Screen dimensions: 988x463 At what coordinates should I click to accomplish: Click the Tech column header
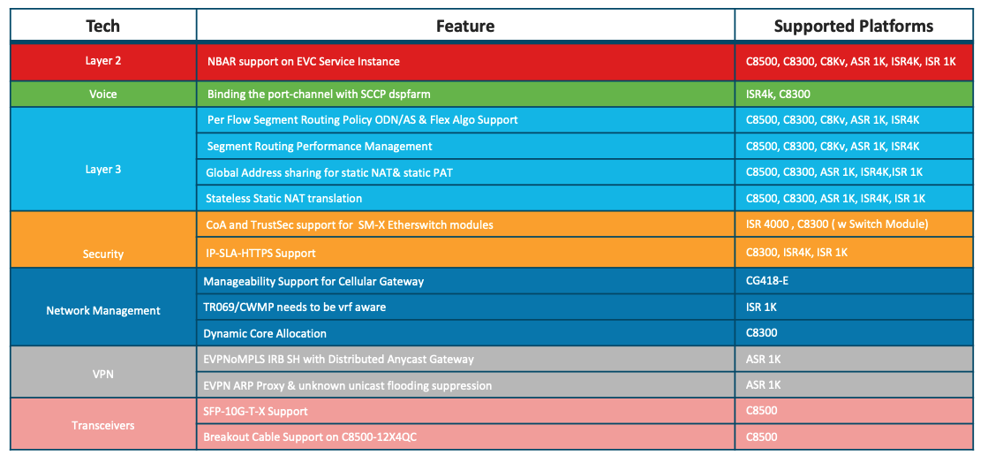[102, 26]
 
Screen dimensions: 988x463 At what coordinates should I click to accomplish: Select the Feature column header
[465, 26]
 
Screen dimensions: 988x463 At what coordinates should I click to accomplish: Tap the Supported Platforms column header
[854, 26]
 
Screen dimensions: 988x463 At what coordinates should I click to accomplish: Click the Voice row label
[102, 94]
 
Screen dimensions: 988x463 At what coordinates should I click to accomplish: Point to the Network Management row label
[103, 310]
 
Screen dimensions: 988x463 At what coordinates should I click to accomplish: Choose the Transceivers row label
[103, 425]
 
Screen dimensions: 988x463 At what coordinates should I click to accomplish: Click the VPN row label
[103, 371]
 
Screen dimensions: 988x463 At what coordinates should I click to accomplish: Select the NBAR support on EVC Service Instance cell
[304, 61]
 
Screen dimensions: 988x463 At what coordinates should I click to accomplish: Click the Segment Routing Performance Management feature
[320, 147]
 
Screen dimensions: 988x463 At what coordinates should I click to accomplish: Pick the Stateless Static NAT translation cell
[284, 198]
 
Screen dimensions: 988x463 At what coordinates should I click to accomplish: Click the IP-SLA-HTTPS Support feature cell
[260, 253]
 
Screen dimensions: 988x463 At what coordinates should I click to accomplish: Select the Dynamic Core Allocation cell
[265, 333]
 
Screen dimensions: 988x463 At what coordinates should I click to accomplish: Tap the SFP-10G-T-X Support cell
[256, 411]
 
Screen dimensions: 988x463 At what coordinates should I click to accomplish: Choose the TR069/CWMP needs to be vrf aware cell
[294, 307]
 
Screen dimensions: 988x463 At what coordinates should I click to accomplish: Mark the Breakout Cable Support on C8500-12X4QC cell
[310, 436]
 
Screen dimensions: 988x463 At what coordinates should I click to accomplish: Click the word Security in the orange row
[103, 254]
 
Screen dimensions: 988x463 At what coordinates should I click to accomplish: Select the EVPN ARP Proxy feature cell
[348, 384]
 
